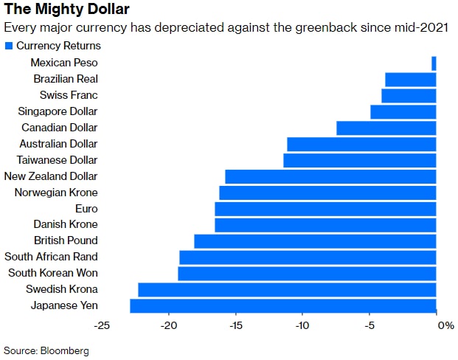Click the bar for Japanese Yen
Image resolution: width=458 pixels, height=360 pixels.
coord(283,305)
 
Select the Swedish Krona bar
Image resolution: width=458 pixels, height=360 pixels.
coord(287,289)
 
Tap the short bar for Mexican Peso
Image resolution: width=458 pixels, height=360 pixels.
coord(434,63)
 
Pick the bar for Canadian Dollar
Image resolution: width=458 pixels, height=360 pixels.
coord(386,128)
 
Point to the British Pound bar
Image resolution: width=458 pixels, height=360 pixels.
coord(315,240)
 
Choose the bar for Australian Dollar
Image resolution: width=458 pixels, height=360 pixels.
coord(361,144)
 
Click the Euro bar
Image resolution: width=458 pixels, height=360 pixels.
coord(325,209)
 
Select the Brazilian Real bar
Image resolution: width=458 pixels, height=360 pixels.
coord(411,79)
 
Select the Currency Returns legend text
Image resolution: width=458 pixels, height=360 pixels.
coord(58,46)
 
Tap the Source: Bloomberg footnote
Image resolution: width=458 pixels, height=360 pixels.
coord(46,350)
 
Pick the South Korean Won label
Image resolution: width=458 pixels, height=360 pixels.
coord(52,273)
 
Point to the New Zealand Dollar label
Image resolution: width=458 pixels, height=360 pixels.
coord(51,176)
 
